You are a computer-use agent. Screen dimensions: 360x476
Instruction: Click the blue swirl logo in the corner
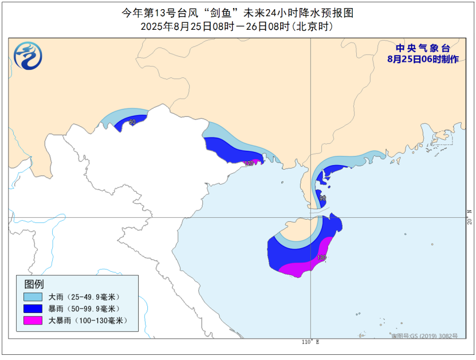tap(28, 56)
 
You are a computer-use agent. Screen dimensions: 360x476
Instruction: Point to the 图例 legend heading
tap(34, 284)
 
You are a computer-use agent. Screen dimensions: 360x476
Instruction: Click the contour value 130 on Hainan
tap(322, 258)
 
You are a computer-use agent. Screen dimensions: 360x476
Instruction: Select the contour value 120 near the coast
tap(249, 163)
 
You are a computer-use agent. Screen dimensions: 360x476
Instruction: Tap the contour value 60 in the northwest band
tap(132, 122)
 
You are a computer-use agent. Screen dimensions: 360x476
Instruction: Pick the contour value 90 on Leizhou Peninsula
tap(322, 198)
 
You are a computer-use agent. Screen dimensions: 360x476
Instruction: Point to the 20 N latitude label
tap(469, 218)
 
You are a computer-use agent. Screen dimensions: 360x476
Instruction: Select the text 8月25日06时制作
tap(423, 59)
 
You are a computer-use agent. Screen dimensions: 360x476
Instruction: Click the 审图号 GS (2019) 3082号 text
tap(424, 336)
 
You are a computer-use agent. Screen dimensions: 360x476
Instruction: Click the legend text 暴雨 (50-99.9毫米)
tap(86, 309)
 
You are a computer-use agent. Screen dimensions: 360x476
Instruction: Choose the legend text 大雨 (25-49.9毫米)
tap(86, 297)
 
